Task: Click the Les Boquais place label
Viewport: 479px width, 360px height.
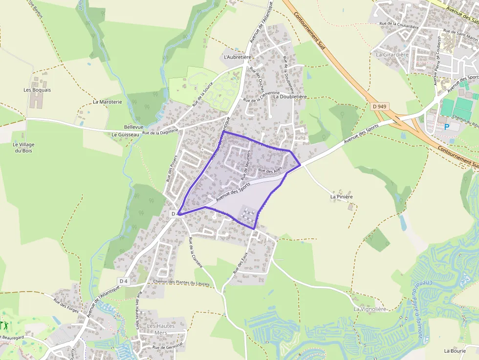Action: coord(37,90)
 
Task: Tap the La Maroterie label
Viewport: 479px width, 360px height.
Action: coord(107,102)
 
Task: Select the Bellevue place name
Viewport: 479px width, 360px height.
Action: coord(134,126)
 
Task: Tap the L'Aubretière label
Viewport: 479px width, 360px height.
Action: coord(237,57)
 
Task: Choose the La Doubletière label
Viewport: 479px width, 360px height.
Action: coord(290,96)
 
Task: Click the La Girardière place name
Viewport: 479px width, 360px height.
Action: coord(392,54)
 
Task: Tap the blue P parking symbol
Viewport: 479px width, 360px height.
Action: coord(446,127)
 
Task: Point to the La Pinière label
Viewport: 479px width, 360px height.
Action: coord(342,196)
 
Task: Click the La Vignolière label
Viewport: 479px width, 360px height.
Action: coord(370,309)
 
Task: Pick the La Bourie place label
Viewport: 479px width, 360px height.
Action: coord(455,351)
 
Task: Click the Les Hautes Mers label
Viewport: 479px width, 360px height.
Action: coord(157,329)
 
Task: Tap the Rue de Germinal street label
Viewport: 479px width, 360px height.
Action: coord(168,347)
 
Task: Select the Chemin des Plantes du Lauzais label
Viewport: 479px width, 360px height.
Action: coord(181,282)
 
